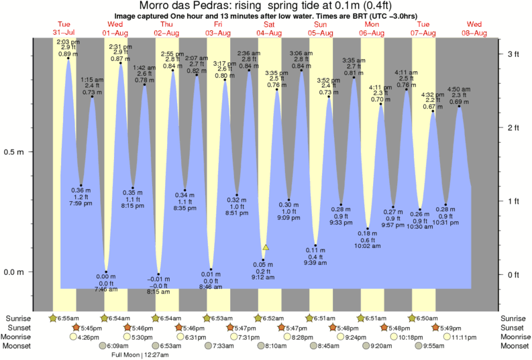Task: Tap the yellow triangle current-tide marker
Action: (266, 247)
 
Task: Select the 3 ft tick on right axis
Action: (513, 54)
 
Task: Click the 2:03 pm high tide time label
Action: (68, 42)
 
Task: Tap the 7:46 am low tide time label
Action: (105, 289)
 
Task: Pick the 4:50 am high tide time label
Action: (459, 88)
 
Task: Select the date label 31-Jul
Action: (64, 33)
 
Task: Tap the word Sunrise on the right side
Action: (514, 318)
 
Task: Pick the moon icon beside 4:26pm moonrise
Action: (74, 337)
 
